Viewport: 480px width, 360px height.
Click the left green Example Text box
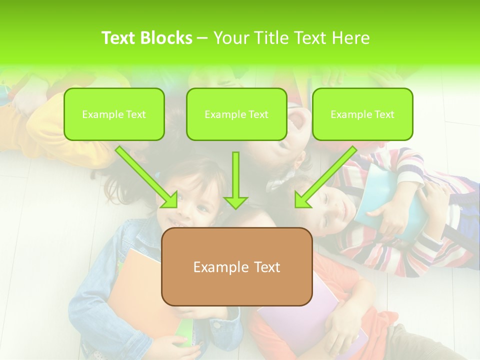(x=114, y=114)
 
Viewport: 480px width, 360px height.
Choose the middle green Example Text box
(x=236, y=114)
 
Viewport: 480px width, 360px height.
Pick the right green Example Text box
(x=362, y=114)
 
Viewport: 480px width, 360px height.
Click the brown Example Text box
(x=236, y=266)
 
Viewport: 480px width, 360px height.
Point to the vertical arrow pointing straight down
(x=235, y=180)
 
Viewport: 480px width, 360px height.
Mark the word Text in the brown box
(x=265, y=266)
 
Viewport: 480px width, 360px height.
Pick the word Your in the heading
(x=230, y=38)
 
